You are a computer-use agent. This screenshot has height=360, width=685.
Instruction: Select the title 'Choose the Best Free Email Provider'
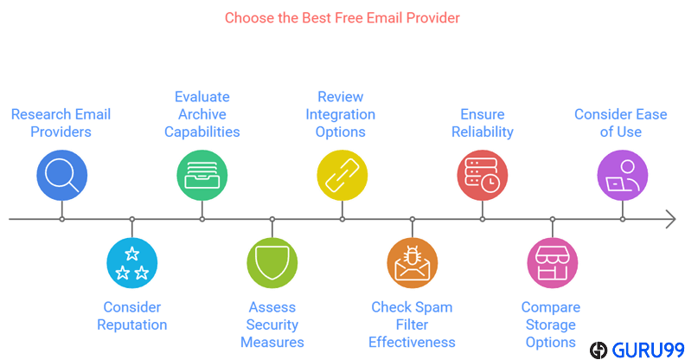[x=342, y=17]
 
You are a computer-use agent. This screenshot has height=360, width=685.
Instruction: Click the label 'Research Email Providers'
[x=61, y=123]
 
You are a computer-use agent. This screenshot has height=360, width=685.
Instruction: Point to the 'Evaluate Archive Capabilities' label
[x=202, y=114]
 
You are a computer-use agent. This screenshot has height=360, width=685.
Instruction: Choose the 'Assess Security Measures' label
[x=272, y=325]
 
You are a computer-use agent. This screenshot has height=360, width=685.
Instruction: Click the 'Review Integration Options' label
[x=341, y=114]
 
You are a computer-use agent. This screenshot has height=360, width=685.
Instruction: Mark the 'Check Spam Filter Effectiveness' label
[x=412, y=325]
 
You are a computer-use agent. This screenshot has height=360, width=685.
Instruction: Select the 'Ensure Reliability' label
[x=483, y=123]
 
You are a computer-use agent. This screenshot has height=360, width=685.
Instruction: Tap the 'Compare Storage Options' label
[x=551, y=325]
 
